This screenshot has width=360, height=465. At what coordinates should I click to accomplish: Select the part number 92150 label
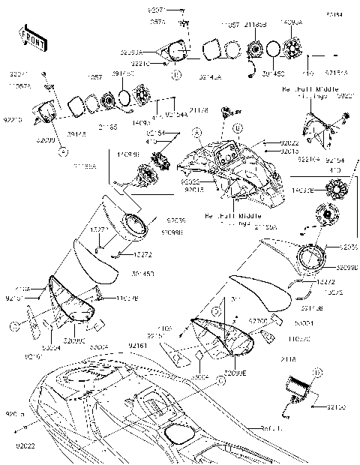(x=337, y=407)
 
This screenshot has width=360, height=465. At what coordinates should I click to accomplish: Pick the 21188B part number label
(x=256, y=25)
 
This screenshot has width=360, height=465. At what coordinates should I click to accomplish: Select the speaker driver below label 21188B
(x=256, y=51)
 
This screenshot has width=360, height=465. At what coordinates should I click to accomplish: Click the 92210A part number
(x=310, y=160)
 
